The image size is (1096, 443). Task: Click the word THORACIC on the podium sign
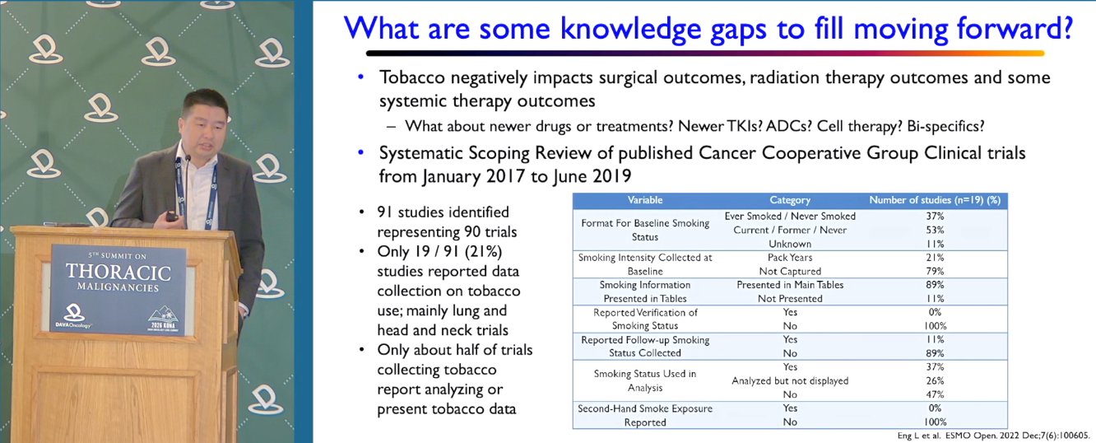tap(118, 273)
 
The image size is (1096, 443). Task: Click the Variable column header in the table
tap(645, 200)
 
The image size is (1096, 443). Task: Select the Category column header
tap(790, 200)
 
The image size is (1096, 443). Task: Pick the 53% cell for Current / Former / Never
tap(935, 230)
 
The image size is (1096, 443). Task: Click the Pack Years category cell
tap(790, 258)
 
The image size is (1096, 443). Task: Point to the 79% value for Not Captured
tap(935, 271)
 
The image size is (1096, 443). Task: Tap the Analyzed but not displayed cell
tap(790, 381)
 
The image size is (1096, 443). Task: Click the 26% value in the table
tap(935, 381)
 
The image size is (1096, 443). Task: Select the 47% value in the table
tap(935, 394)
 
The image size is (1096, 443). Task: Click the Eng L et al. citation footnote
tap(993, 435)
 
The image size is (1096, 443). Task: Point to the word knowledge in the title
tap(630, 30)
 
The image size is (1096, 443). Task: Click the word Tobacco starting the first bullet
tap(412, 77)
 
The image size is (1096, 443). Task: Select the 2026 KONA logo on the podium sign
tap(163, 319)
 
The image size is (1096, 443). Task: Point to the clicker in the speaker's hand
tap(172, 216)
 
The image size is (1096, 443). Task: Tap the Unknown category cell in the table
tap(790, 244)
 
